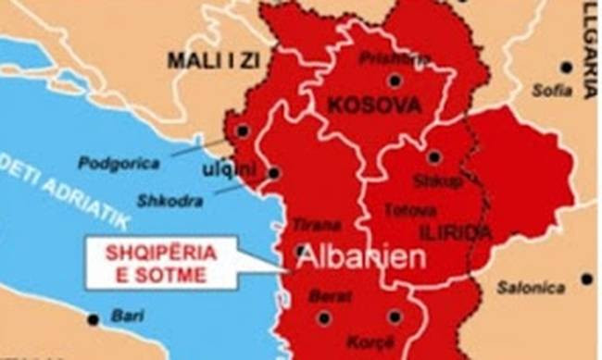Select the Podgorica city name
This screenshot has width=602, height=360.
point(119,163)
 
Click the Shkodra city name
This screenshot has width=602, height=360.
point(165,200)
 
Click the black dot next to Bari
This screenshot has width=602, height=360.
point(93,319)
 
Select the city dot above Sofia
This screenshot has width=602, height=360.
point(566,67)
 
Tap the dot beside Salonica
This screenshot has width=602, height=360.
point(586,279)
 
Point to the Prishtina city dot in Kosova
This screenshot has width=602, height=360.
point(395,80)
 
